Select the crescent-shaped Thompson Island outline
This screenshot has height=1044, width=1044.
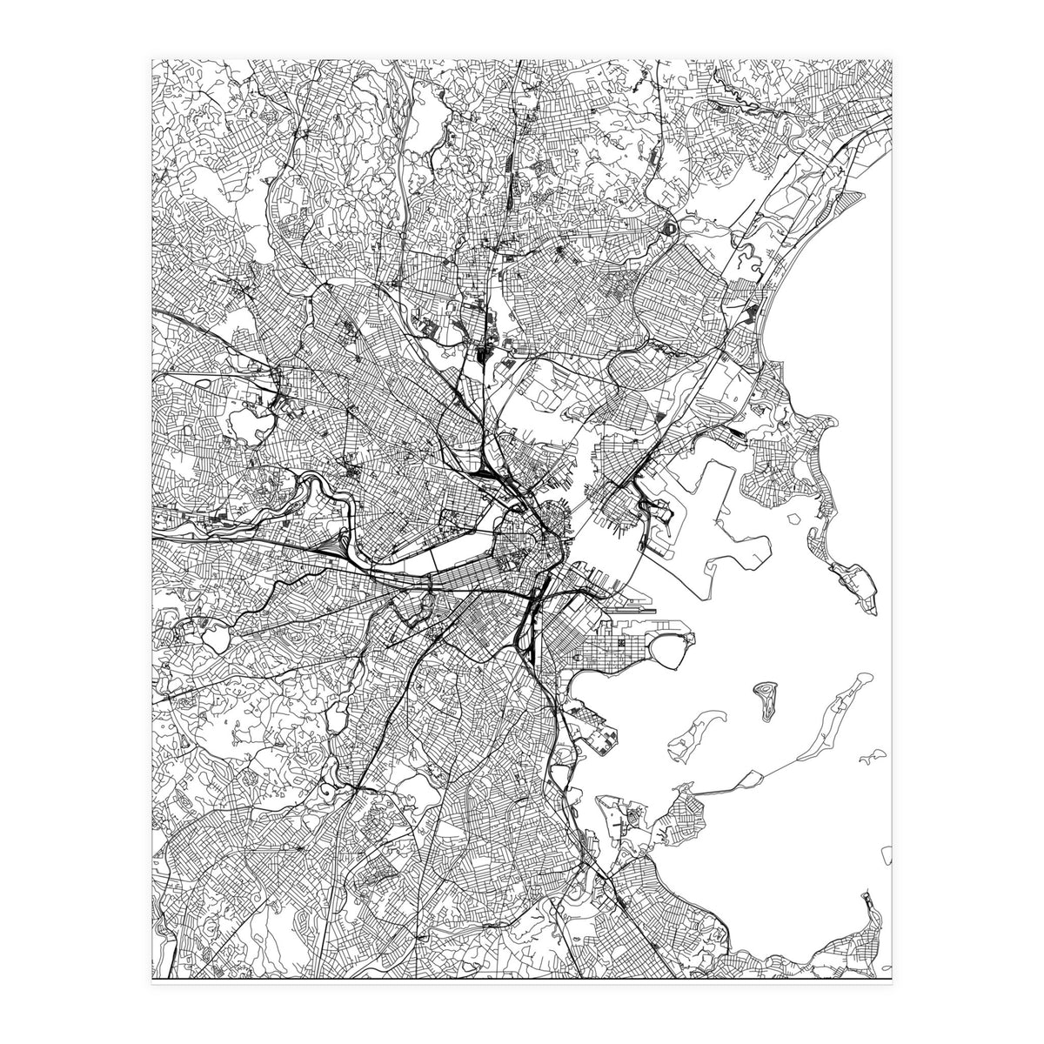click(693, 732)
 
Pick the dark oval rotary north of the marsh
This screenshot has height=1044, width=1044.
click(670, 229)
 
